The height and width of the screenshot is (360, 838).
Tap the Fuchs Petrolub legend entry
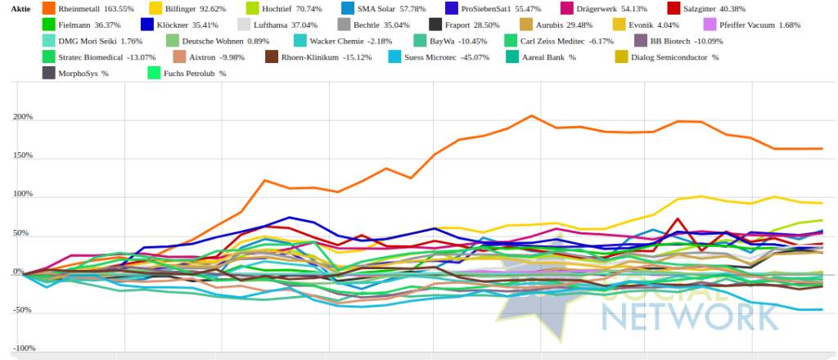pyautogui.click(x=194, y=73)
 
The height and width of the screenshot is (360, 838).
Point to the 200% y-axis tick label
pyautogui.click(x=22, y=117)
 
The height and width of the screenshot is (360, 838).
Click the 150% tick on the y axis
pyautogui.click(x=22, y=155)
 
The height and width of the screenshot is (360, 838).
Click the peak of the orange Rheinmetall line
pyautogui.click(x=531, y=115)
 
